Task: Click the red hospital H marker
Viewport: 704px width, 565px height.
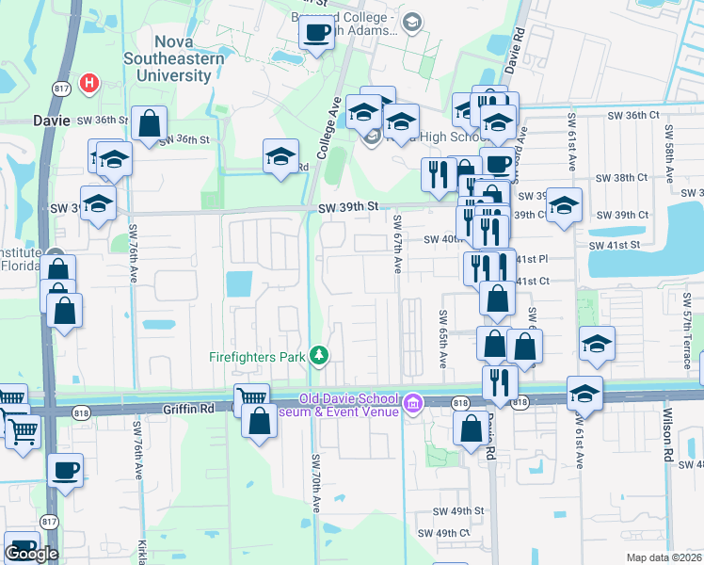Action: pyautogui.click(x=89, y=83)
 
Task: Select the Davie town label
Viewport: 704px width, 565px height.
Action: pyautogui.click(x=52, y=121)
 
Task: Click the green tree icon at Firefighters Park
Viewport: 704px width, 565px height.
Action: pyautogui.click(x=320, y=355)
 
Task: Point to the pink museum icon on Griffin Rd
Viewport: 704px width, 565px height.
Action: pyautogui.click(x=410, y=404)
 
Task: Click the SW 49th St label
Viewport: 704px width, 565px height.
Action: pyautogui.click(x=457, y=510)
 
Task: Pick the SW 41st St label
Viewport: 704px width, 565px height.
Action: pyautogui.click(x=614, y=245)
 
